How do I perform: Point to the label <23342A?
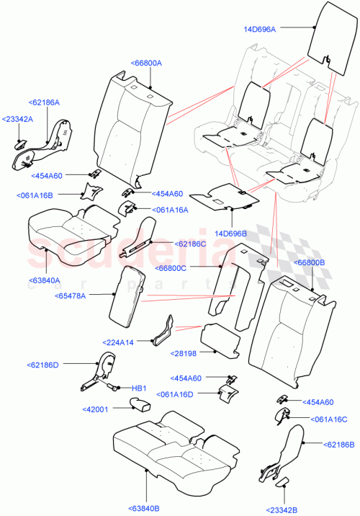17,119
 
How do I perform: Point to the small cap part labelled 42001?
139,403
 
